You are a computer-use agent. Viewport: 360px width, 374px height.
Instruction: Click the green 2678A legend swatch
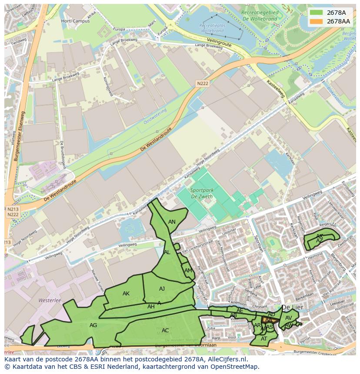pos(316,13)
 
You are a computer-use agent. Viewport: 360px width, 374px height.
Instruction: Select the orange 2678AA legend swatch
pos(316,21)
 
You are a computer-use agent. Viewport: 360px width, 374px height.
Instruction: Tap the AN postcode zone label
pos(172,222)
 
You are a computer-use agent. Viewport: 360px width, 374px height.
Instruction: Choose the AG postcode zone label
pos(93,325)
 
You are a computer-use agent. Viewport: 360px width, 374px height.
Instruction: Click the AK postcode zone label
pos(126,294)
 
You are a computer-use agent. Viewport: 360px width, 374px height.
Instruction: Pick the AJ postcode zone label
pos(162,288)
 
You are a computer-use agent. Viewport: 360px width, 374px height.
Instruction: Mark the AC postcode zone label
pos(165,330)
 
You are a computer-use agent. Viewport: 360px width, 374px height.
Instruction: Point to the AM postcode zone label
pos(188,270)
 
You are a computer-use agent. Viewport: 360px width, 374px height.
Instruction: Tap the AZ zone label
pos(320,241)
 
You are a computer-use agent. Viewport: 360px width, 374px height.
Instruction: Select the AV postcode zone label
pos(289,318)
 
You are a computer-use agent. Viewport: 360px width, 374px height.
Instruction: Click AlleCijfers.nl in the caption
pos(223,359)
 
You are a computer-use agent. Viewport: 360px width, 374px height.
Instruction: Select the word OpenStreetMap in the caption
pos(235,367)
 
